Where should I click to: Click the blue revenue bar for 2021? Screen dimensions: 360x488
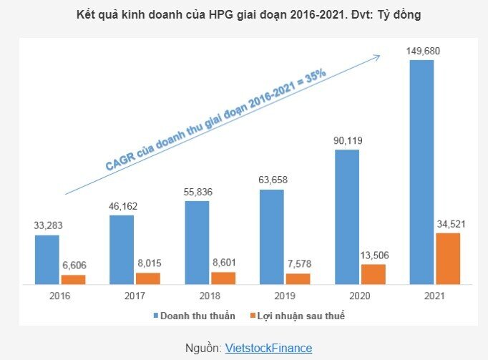point(421,172)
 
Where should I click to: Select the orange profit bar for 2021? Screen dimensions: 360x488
point(447,258)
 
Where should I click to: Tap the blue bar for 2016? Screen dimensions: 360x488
point(47,259)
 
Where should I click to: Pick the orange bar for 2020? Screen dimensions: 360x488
point(373,274)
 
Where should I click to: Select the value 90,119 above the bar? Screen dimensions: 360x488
point(347,141)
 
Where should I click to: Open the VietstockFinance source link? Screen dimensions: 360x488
point(268,348)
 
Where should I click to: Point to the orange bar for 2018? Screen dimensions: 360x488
point(223,278)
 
